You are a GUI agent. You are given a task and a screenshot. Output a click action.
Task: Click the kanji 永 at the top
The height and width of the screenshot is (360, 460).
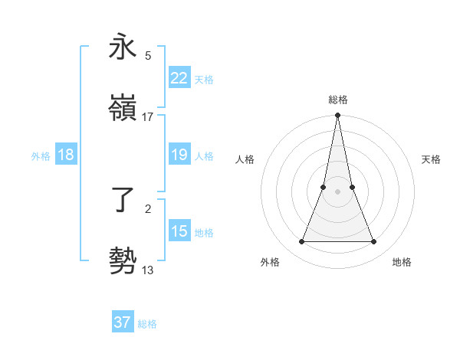point(123,47)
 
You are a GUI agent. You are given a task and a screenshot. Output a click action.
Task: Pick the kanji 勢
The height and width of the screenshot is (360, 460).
point(123,261)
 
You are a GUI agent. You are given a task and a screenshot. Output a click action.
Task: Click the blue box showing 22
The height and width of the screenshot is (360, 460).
point(179,78)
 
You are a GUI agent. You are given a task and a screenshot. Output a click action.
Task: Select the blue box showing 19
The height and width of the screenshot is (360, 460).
point(179,155)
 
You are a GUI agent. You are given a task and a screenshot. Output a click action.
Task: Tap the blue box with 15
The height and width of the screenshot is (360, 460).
point(179,231)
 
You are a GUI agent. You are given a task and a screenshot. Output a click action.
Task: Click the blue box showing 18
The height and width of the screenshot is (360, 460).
point(66,155)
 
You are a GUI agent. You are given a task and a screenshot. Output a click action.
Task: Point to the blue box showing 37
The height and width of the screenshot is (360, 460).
point(123,322)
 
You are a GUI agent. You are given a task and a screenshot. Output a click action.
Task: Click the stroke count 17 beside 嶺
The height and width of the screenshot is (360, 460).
point(148,117)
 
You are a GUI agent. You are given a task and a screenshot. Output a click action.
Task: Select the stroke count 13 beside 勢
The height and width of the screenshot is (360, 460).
point(148,270)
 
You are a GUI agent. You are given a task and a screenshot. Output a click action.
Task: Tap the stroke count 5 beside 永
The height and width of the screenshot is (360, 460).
point(148,55)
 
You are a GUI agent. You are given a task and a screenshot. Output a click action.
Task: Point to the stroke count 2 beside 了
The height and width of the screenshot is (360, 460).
point(148,208)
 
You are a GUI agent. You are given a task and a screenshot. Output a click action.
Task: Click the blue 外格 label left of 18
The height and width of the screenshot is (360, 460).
point(41,155)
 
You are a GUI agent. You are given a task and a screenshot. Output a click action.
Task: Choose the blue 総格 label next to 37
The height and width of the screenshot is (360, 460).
point(148,324)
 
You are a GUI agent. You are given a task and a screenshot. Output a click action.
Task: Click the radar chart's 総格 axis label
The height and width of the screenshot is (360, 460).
point(338,100)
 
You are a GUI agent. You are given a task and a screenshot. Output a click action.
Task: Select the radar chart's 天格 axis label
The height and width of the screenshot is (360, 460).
point(432,159)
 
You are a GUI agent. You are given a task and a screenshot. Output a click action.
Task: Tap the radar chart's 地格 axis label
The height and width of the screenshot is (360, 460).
point(402,262)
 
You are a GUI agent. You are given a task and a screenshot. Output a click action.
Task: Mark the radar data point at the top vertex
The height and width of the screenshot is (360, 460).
point(337,116)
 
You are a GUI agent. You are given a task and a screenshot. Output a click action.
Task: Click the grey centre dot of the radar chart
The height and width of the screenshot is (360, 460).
point(337,191)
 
